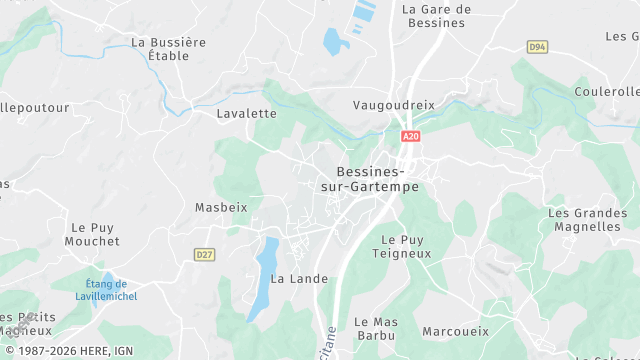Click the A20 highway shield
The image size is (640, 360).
click(409, 135)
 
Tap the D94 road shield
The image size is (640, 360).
click(537, 47)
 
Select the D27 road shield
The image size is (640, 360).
click(205, 255)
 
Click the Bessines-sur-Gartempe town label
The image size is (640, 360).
click(370, 179)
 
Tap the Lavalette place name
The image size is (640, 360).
click(246, 113)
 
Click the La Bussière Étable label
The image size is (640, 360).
click(168, 49)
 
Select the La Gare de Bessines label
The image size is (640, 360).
click(435, 16)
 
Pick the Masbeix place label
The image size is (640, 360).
click(220, 207)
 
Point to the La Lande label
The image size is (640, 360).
click(299, 278)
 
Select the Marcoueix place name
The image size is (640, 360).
click(455, 330)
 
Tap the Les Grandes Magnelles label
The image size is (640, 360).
click(585, 220)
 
